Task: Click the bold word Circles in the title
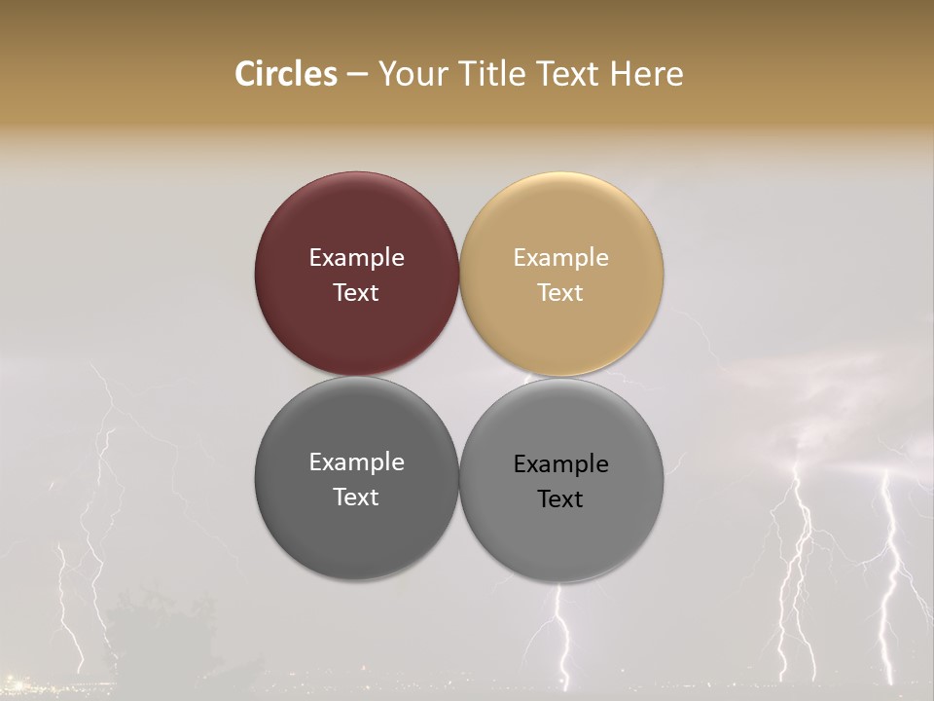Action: click(x=286, y=74)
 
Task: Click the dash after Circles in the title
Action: click(x=357, y=75)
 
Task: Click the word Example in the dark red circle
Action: click(x=356, y=257)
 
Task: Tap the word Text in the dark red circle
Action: click(x=356, y=292)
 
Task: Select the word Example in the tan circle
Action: click(x=561, y=257)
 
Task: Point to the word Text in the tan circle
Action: click(x=561, y=292)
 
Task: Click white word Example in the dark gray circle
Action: click(x=356, y=461)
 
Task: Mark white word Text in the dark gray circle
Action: click(x=356, y=497)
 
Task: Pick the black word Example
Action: click(x=561, y=463)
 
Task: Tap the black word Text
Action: click(x=561, y=498)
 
